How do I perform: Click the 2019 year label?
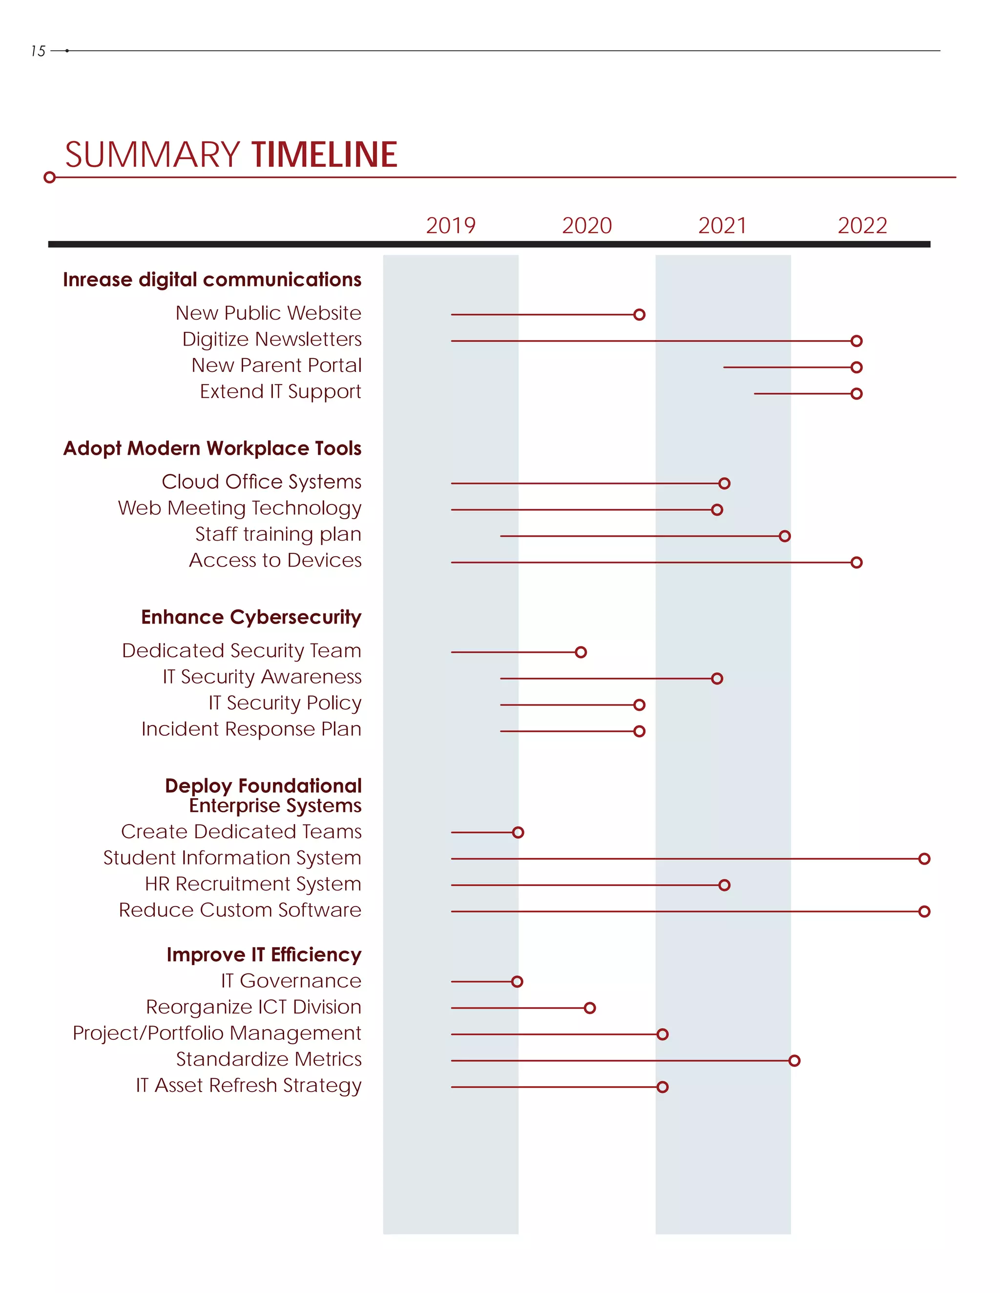pyautogui.click(x=450, y=225)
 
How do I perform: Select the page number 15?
pyautogui.click(x=38, y=52)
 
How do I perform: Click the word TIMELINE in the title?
pyautogui.click(x=324, y=155)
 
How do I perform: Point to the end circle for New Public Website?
pyautogui.click(x=639, y=314)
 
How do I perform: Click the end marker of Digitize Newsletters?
pyautogui.click(x=856, y=341)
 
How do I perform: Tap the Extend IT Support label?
pyautogui.click(x=280, y=391)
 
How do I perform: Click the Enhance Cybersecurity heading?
pyautogui.click(x=251, y=617)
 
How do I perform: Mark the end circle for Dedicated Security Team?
pyautogui.click(x=581, y=652)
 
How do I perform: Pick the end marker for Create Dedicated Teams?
pyautogui.click(x=518, y=832)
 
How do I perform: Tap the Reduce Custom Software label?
pyautogui.click(x=240, y=910)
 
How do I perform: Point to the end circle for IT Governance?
pyautogui.click(x=517, y=982)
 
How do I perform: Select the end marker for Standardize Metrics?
pyautogui.click(x=794, y=1060)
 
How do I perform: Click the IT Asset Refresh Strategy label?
pyautogui.click(x=249, y=1085)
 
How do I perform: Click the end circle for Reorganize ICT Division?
pyautogui.click(x=589, y=1008)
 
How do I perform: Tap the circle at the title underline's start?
pyautogui.click(x=50, y=177)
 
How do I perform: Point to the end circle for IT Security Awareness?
pyautogui.click(x=717, y=679)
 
